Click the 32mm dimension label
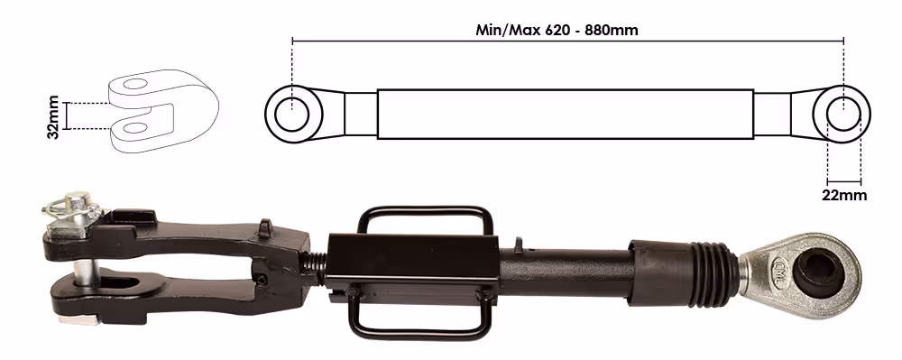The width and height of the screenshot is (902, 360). pyautogui.click(x=53, y=117)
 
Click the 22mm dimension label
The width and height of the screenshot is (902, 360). pyautogui.click(x=844, y=195)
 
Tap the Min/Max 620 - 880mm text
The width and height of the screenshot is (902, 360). pyautogui.click(x=557, y=30)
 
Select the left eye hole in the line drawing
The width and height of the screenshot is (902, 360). pyautogui.click(x=291, y=115)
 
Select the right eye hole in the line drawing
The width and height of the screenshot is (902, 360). pyautogui.click(x=844, y=114)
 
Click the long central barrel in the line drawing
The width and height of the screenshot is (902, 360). pyautogui.click(x=565, y=114)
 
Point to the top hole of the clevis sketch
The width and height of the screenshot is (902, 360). pyautogui.click(x=136, y=84)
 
